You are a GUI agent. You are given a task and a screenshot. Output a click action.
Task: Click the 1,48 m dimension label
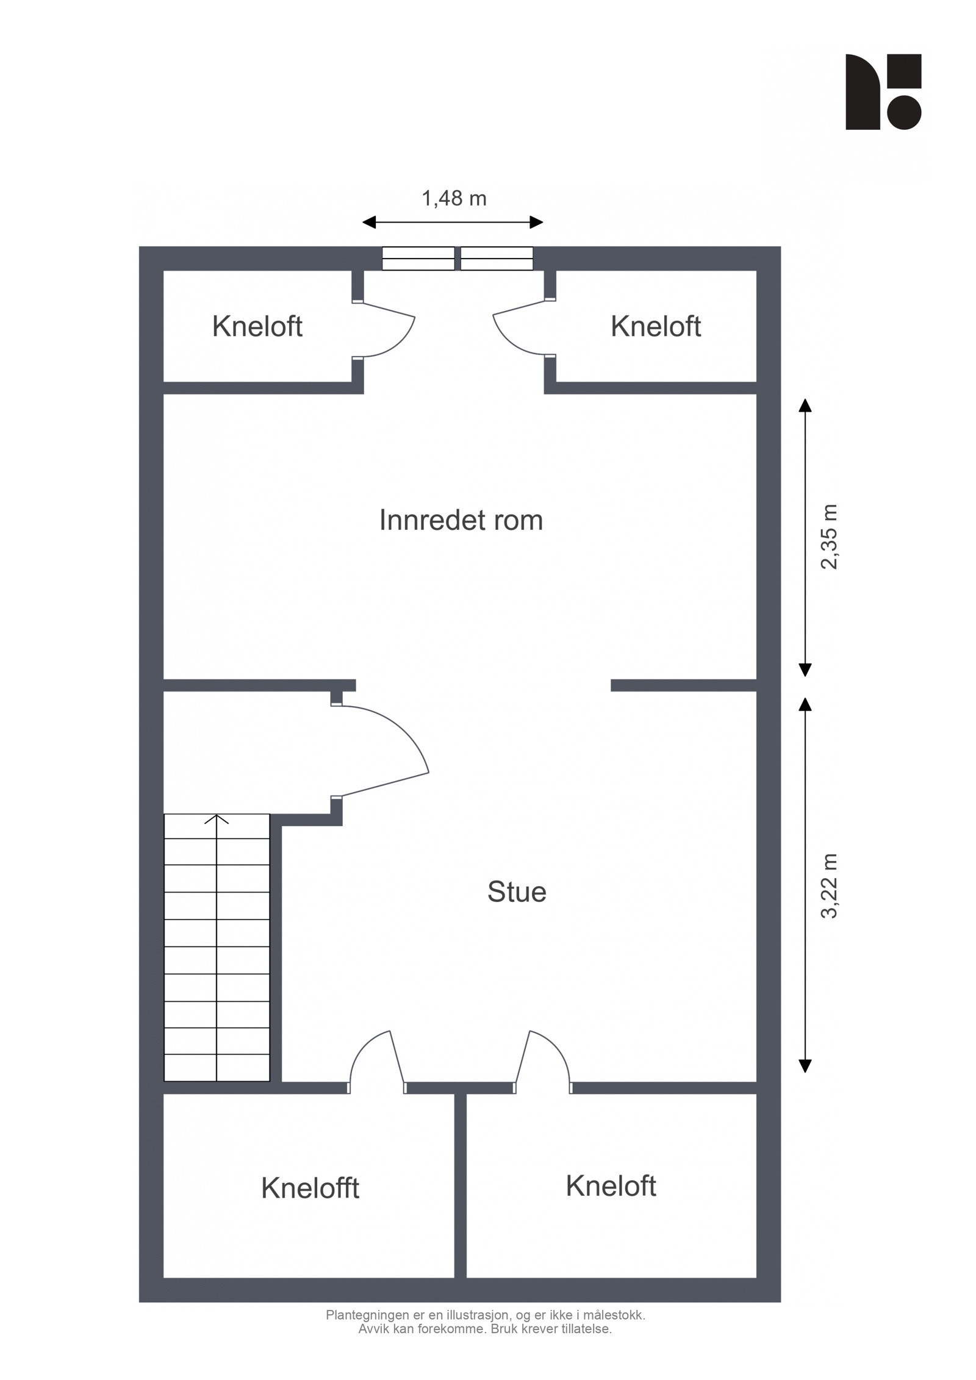454,199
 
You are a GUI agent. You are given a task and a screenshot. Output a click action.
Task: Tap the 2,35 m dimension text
830,537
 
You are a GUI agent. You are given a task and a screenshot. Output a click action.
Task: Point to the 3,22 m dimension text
830,886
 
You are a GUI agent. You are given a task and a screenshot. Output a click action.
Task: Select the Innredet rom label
461,521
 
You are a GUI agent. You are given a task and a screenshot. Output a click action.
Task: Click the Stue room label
516,892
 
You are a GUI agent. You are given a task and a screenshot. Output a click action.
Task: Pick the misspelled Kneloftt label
310,1189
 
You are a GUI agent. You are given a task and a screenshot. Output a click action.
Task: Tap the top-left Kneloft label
257,327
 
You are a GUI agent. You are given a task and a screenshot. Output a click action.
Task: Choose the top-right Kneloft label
655,327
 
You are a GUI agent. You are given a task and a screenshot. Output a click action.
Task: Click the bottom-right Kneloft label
610,1186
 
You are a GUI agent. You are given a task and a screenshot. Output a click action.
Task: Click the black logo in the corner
883,92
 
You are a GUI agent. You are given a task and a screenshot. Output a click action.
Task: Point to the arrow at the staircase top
217,819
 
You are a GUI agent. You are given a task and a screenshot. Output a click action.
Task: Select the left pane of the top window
418,258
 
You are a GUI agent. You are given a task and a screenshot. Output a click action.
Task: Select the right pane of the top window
497,258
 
